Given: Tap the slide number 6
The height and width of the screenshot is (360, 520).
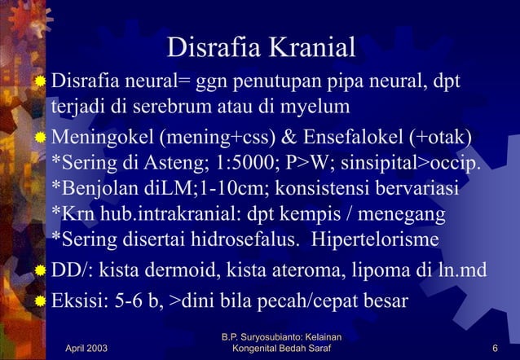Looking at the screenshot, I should pos(496,349).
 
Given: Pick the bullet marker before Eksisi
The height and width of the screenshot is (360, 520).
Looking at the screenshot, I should pos(39,299).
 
